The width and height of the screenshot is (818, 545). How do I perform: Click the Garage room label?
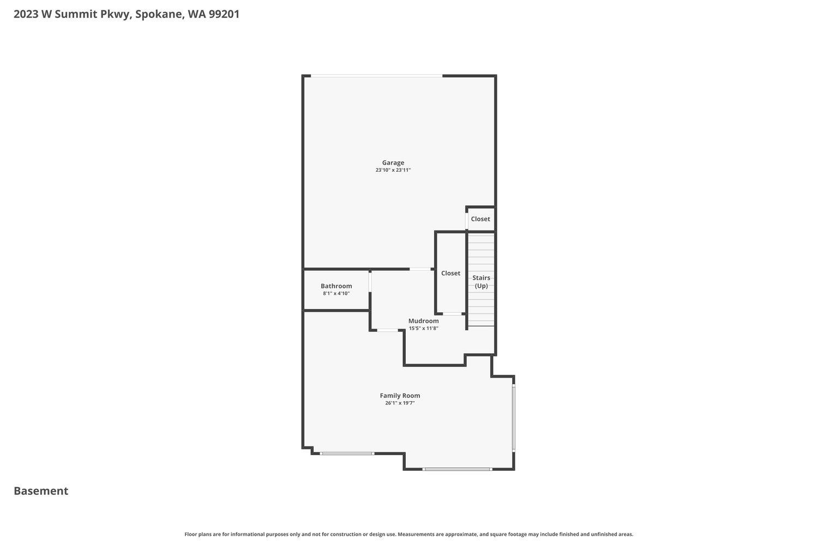coord(393,162)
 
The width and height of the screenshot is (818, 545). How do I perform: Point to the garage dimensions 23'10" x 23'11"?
coord(393,170)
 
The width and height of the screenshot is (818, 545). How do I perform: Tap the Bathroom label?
coord(336,286)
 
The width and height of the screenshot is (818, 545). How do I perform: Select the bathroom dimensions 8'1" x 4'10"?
coord(336,294)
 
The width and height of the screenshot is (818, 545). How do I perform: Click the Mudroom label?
coord(423,321)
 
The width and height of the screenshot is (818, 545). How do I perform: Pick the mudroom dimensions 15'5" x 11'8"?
coord(423,328)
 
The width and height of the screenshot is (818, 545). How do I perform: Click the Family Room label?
coord(400,396)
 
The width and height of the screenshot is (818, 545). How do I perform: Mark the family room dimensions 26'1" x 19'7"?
coord(400,403)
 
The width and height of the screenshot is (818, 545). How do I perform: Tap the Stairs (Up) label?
coord(481,282)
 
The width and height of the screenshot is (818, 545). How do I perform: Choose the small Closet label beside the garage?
coord(480,219)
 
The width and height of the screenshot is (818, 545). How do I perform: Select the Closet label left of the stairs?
coord(450,273)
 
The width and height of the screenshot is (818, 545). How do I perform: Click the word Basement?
coord(41,491)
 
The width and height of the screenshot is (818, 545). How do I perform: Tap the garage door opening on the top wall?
coord(376,76)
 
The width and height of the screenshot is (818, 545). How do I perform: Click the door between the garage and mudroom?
coord(419,269)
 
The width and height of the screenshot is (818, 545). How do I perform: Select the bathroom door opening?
coord(370,282)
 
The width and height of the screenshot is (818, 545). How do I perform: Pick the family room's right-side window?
coord(514,418)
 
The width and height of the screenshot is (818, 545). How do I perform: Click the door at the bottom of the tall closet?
coord(452,314)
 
